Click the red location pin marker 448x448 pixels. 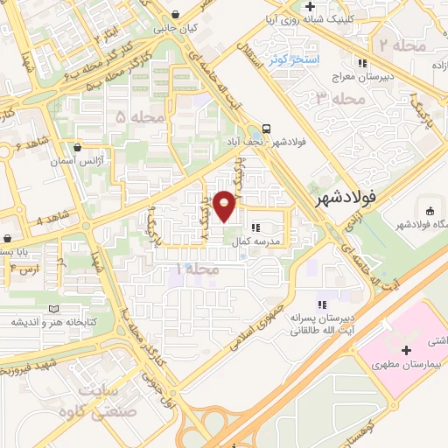[225, 206]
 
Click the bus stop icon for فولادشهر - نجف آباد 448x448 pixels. [265, 127]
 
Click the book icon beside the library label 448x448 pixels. [55, 309]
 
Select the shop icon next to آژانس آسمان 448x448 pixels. [80, 148]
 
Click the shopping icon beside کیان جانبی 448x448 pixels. [178, 14]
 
